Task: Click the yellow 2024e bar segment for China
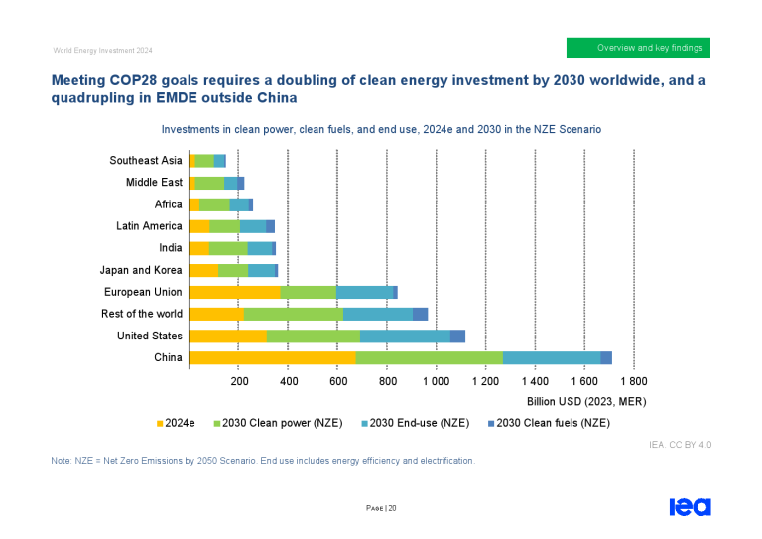click(x=271, y=358)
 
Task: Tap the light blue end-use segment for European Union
click(x=364, y=292)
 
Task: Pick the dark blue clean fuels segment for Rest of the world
click(x=420, y=314)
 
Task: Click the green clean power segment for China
click(x=429, y=358)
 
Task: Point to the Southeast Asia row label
click(x=145, y=160)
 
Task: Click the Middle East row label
click(x=154, y=183)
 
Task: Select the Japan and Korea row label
click(x=141, y=270)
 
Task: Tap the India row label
click(x=170, y=248)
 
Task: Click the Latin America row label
click(x=149, y=226)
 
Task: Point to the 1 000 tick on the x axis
click(x=436, y=381)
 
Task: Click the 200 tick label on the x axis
click(x=239, y=381)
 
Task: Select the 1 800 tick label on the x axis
click(x=633, y=381)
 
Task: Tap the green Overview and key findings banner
click(x=638, y=48)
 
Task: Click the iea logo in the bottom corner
click(x=690, y=506)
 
